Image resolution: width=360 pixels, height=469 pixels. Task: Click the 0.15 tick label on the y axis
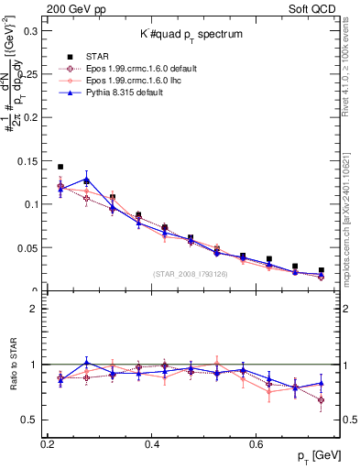click(x=27, y=161)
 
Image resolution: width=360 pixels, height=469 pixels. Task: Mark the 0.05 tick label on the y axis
click(x=27, y=248)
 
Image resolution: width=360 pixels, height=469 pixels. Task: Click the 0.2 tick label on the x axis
click(x=48, y=443)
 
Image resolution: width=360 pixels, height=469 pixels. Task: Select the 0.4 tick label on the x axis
click(x=153, y=443)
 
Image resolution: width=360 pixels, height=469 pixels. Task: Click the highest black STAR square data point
click(x=60, y=167)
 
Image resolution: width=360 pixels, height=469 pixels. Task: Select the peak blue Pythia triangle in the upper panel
click(x=86, y=180)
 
